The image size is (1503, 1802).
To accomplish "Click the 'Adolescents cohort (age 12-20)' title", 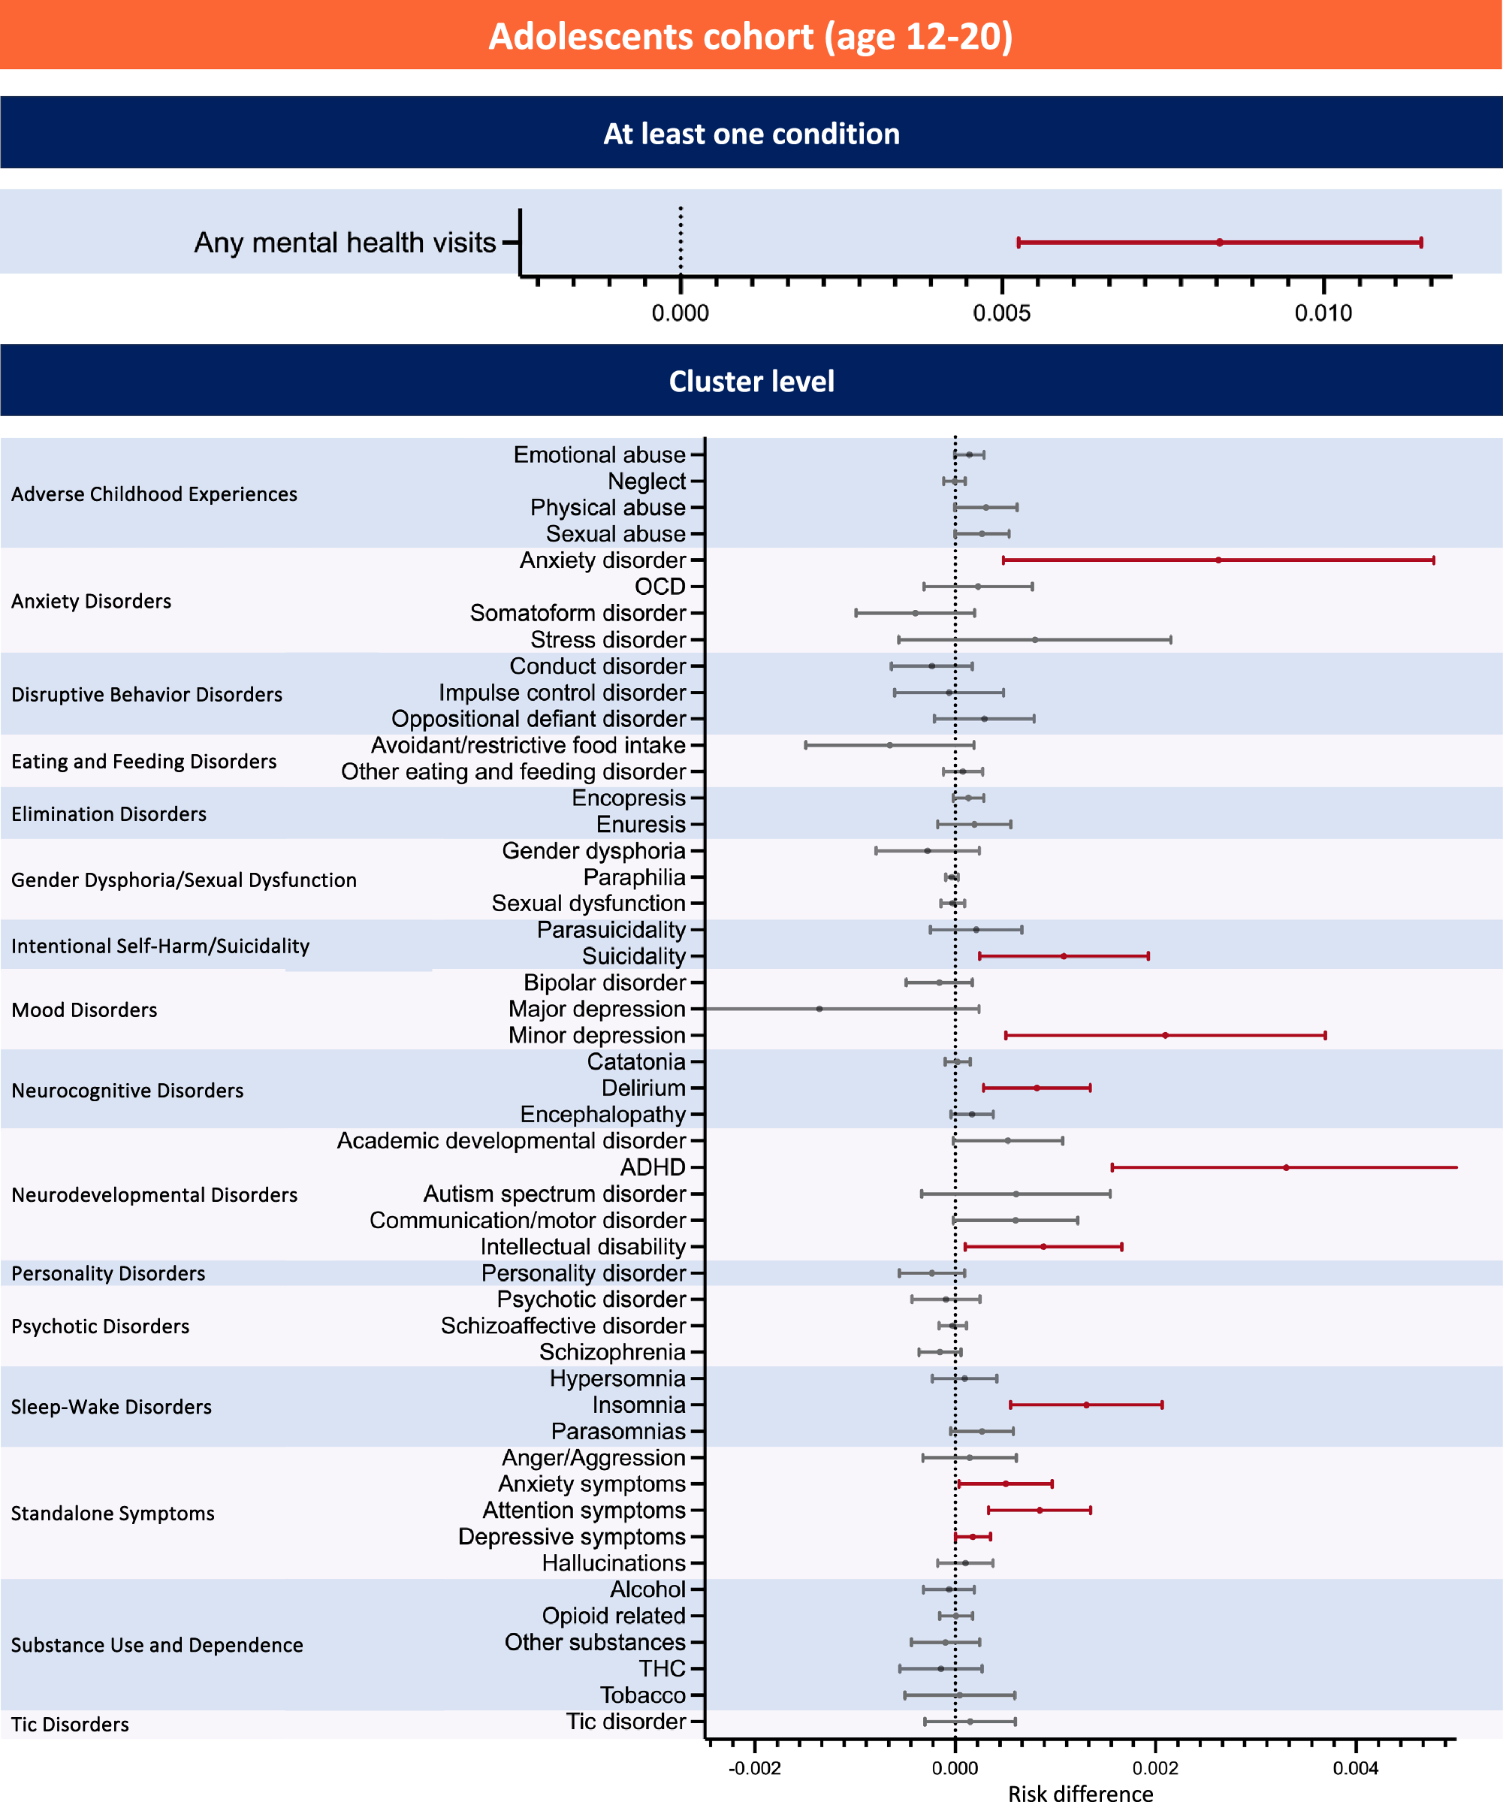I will click(x=750, y=37).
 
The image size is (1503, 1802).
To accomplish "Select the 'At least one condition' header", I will click(x=750, y=134).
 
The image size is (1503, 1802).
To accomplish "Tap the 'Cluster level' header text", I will click(x=750, y=381).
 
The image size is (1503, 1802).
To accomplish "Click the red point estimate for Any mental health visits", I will click(x=1219, y=243).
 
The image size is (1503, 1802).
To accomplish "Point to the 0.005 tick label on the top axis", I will click(x=1001, y=313).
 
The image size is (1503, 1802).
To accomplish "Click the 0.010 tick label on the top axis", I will click(x=1323, y=313).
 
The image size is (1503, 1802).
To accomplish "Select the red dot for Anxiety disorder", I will click(x=1218, y=560).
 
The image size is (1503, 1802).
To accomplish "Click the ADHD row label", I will click(x=653, y=1167).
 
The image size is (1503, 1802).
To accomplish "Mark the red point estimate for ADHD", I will click(x=1286, y=1167).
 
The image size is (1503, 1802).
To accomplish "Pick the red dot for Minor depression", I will click(x=1165, y=1036).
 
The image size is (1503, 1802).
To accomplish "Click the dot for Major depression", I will click(x=819, y=1009).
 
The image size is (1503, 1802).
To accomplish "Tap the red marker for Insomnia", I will click(x=1086, y=1405).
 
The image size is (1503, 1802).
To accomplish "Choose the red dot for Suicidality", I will click(x=1064, y=956).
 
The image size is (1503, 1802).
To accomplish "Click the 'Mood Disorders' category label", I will click(x=84, y=1010).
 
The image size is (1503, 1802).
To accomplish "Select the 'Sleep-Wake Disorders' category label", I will click(x=111, y=1406).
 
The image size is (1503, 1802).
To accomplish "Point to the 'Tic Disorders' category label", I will click(x=71, y=1724).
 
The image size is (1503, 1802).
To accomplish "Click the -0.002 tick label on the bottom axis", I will click(x=754, y=1768).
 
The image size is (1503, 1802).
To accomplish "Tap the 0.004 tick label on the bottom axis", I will click(x=1356, y=1768).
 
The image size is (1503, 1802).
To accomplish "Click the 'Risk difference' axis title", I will click(x=1080, y=1792).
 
